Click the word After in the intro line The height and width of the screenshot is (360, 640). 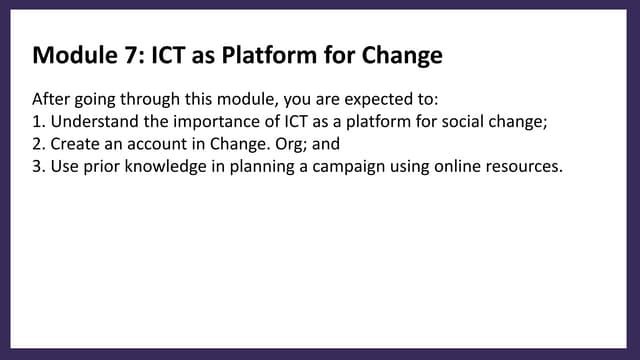[51, 101]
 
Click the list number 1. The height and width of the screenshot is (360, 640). [38, 123]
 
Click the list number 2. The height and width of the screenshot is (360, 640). [38, 145]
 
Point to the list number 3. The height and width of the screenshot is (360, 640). [38, 167]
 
